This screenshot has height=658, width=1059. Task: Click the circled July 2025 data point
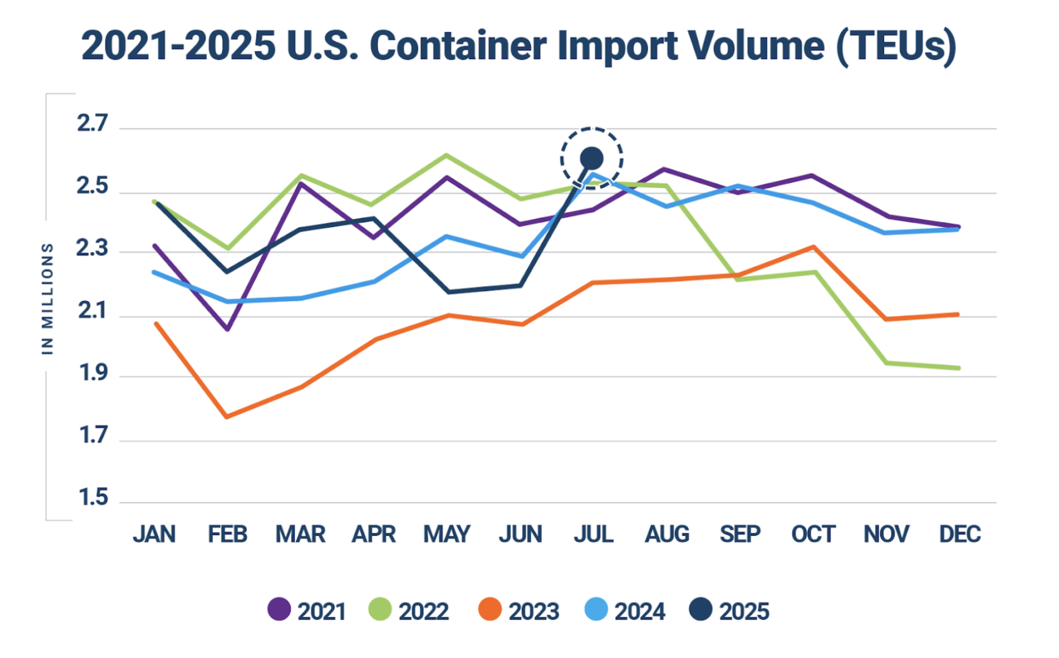[591, 158]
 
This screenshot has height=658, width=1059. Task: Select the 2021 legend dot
[279, 610]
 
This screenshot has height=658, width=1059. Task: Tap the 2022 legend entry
[408, 611]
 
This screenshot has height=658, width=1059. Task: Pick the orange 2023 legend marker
[490, 610]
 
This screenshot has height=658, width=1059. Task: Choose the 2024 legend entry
[625, 611]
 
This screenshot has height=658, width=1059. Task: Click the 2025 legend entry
[729, 611]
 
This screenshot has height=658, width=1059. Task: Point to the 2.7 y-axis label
[92, 124]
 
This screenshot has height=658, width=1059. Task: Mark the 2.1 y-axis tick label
[92, 310]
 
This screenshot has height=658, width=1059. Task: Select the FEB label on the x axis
[227, 534]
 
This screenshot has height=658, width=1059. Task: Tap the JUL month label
[593, 534]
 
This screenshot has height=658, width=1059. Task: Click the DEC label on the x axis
[960, 534]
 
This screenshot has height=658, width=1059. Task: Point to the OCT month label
[813, 534]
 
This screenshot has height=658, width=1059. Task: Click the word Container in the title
[459, 46]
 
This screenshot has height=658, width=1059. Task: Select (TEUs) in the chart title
[896, 46]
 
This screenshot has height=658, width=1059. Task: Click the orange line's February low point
[227, 417]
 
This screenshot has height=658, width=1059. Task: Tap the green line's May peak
[447, 155]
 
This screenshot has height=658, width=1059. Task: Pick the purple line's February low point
[228, 329]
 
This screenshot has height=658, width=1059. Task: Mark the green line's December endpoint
[958, 368]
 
